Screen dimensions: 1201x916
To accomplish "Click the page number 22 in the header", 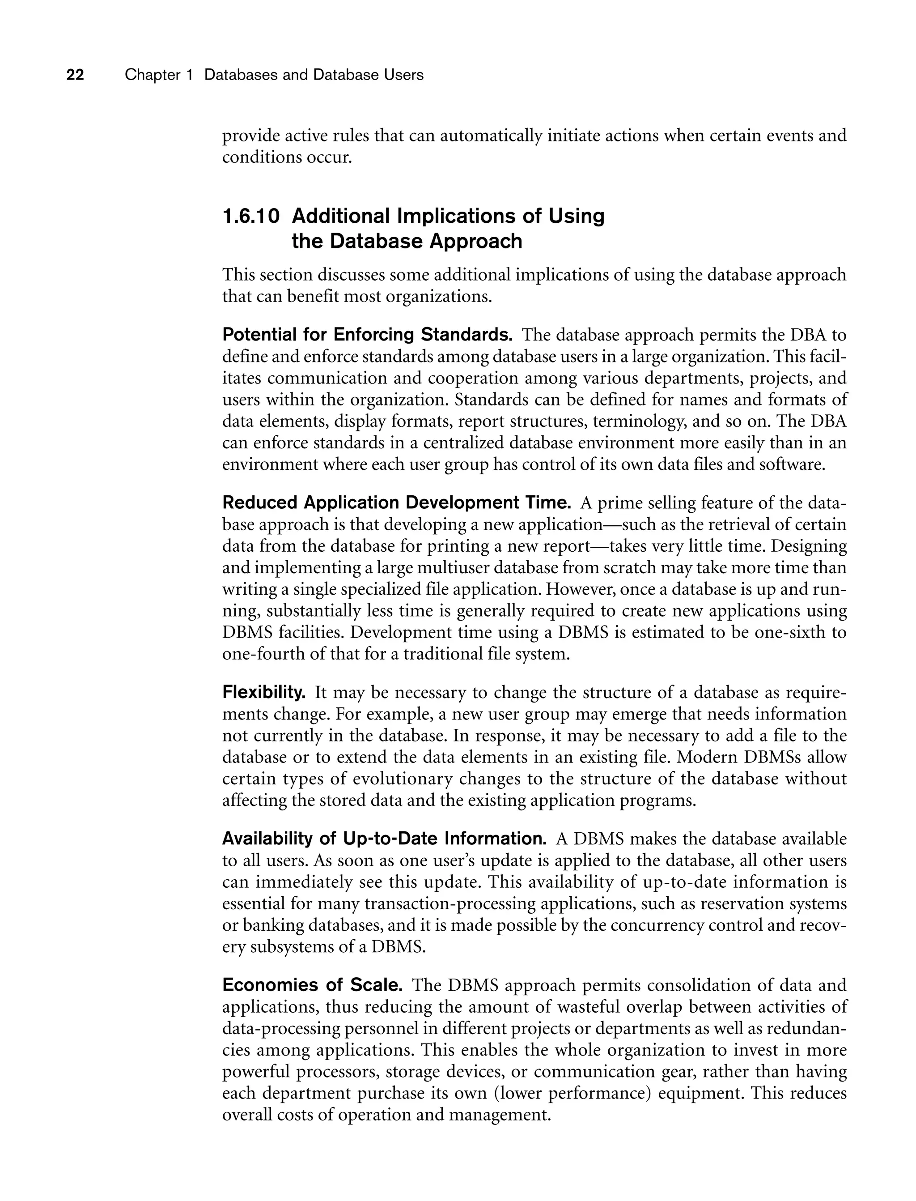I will point(75,75).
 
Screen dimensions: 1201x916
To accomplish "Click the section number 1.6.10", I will point(251,217).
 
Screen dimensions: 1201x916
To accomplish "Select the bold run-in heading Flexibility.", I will point(264,693).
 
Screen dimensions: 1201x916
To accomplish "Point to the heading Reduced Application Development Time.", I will point(396,503).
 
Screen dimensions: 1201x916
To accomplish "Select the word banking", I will point(273,925).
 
